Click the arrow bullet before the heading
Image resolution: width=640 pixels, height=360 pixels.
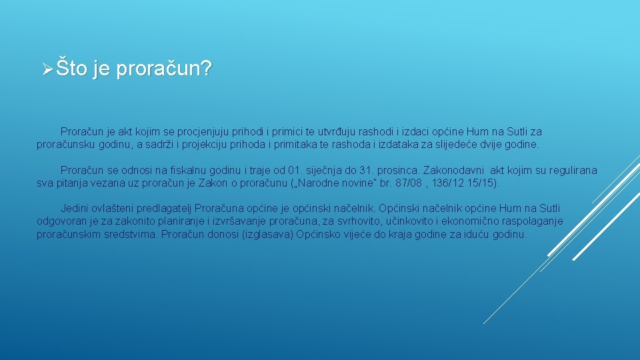coord(46,69)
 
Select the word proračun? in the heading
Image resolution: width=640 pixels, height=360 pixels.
coord(163,69)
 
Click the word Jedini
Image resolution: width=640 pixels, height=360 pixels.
coord(75,209)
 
